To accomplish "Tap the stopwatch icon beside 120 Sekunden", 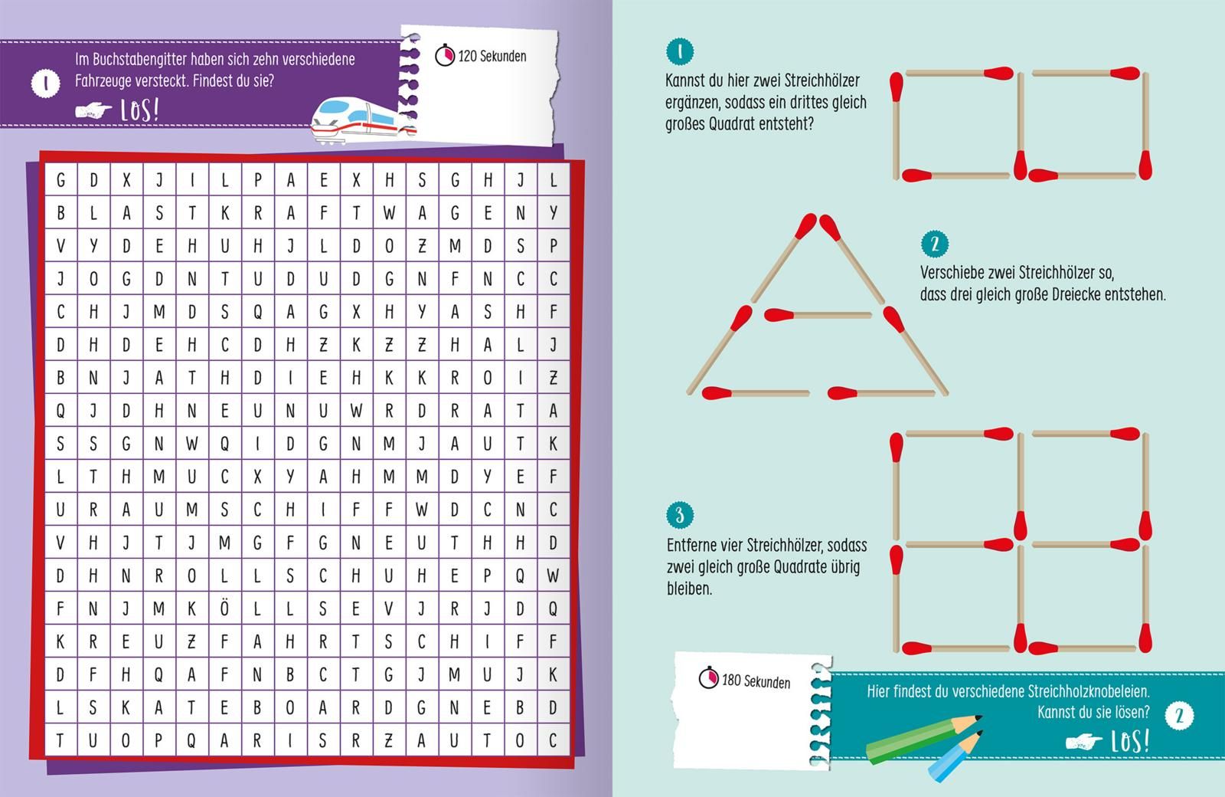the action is (445, 55).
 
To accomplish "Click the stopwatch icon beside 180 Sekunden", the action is (708, 677).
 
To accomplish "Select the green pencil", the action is (924, 739).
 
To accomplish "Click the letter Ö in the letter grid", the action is (224, 608).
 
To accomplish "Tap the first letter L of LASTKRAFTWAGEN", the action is (93, 212).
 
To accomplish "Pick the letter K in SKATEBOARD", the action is (126, 707).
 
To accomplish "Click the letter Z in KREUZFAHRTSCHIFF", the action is (191, 641).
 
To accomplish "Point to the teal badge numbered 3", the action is (680, 514).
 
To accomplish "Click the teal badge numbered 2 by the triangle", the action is (935, 244).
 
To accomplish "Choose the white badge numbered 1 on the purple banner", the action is (45, 84).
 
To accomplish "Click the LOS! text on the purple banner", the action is (139, 110).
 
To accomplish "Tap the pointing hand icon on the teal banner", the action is (1084, 742).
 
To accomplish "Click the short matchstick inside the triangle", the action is (818, 315).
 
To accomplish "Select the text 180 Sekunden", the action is (756, 681).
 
